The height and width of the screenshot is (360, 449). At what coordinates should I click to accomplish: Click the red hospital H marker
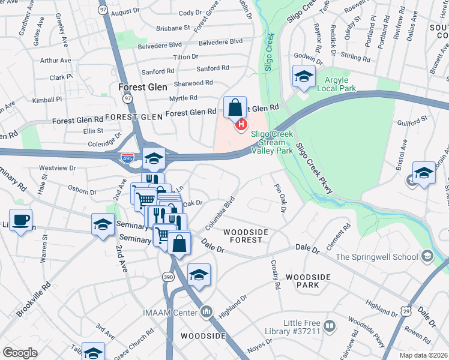coord(241,125)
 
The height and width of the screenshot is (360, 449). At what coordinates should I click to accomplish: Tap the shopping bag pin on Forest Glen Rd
coord(235,108)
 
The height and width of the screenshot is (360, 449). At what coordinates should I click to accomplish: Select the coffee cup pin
coord(21,220)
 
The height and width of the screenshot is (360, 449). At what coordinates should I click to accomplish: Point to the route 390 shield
coord(168,277)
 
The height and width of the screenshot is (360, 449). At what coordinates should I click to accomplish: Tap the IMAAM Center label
coord(176,311)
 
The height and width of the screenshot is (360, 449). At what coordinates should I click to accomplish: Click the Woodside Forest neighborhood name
coord(243,235)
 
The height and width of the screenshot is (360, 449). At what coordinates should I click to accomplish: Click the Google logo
coord(20,353)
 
